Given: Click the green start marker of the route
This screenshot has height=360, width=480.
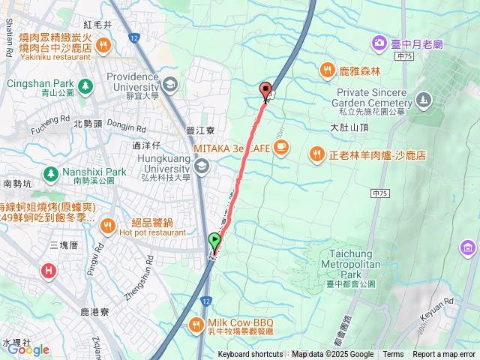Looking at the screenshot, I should click(x=215, y=241).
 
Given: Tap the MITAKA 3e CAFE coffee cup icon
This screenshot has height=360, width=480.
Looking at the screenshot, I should click(x=281, y=148).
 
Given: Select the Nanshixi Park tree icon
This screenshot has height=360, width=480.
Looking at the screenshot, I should click(x=50, y=175).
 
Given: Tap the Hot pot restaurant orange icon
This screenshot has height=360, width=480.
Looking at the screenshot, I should click(x=107, y=226).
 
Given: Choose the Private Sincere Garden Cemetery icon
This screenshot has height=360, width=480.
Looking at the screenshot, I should click(x=424, y=99).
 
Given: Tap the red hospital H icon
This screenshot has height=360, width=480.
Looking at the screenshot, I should click(x=49, y=270).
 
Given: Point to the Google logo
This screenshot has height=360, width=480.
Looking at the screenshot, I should click(x=28, y=349).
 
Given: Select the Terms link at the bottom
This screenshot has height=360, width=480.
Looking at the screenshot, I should click(x=393, y=355).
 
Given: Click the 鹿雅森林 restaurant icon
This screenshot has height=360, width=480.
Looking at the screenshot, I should click(x=327, y=70).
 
